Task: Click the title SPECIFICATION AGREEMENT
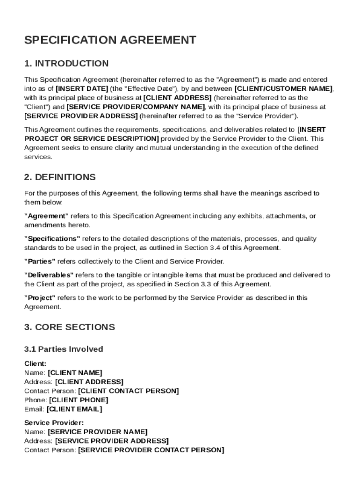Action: coord(110,40)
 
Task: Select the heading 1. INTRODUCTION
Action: coord(66,64)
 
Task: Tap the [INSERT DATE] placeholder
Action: coord(82,89)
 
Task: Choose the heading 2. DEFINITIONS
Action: coord(60,177)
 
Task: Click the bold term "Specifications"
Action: coord(52,239)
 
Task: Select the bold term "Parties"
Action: coord(40,261)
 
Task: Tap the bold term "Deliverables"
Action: coord(49,275)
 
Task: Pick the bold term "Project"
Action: coord(40,298)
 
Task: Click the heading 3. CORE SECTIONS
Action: coord(69,327)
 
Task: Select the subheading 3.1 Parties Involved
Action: coord(64,349)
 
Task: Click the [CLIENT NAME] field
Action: coord(75,373)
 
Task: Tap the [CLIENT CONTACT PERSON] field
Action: coord(129,391)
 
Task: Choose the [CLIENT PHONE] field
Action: coord(79,400)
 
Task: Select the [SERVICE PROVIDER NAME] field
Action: coord(98,432)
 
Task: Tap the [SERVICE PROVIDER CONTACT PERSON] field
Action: coord(151,450)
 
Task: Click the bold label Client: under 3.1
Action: coord(35,364)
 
